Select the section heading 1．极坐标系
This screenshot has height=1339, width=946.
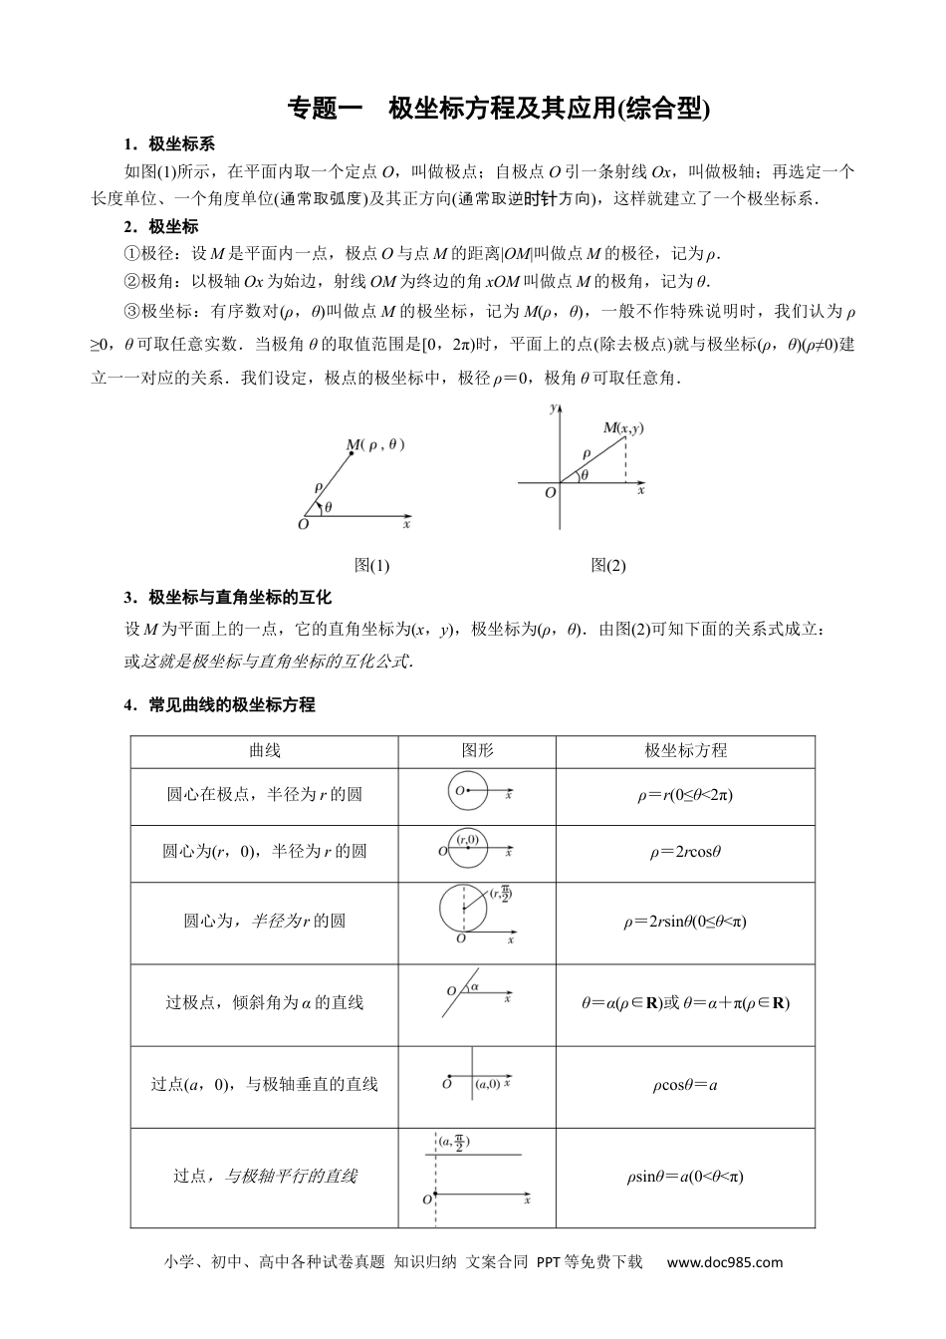coord(168,143)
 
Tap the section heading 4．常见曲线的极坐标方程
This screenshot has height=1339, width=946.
coord(219,704)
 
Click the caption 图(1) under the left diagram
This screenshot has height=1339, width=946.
coord(372,565)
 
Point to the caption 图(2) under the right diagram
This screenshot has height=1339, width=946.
coord(608,565)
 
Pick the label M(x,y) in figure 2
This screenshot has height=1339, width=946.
coord(623,428)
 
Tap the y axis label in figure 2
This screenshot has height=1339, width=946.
coord(552,409)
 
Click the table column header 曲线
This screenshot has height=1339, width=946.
coord(264,750)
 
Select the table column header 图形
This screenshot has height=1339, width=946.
coord(477,750)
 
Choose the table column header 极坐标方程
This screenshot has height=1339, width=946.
coord(685,750)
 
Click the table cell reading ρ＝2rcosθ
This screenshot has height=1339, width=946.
coord(685,852)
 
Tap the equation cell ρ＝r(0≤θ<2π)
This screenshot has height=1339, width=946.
coord(685,795)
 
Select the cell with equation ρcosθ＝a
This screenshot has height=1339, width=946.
coord(685,1084)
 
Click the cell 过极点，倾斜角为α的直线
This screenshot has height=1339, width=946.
coord(264,1002)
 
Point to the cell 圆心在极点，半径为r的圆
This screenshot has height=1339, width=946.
coord(264,795)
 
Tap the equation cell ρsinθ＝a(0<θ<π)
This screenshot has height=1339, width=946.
coord(685,1177)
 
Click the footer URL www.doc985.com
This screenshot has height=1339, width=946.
coord(724,1262)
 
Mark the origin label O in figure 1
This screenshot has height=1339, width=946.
coord(304,524)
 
